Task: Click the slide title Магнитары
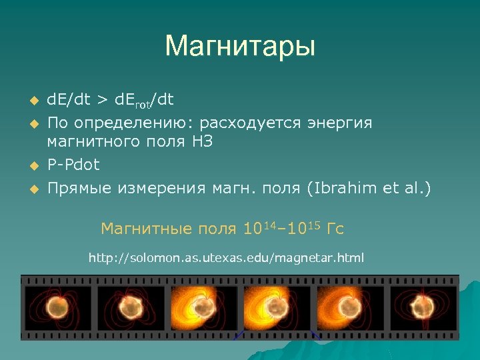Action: pos(239,47)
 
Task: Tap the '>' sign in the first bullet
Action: pos(101,100)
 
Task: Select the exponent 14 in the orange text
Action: pos(269,225)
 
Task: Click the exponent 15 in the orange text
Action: pos(313,225)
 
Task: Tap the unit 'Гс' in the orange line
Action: pos(335,229)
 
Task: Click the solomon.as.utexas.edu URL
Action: pos(226,257)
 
